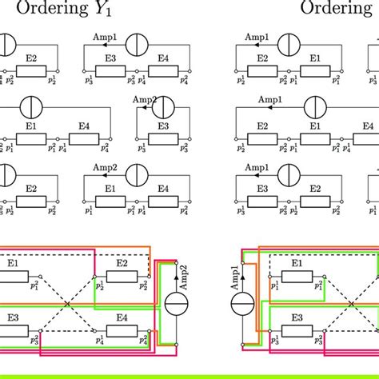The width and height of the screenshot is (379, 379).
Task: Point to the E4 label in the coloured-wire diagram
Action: [122, 317]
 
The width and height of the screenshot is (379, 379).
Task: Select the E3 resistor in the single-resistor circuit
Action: [163, 138]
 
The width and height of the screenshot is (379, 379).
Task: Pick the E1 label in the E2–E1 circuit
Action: [316, 59]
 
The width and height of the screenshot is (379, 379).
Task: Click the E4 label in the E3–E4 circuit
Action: [163, 59]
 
